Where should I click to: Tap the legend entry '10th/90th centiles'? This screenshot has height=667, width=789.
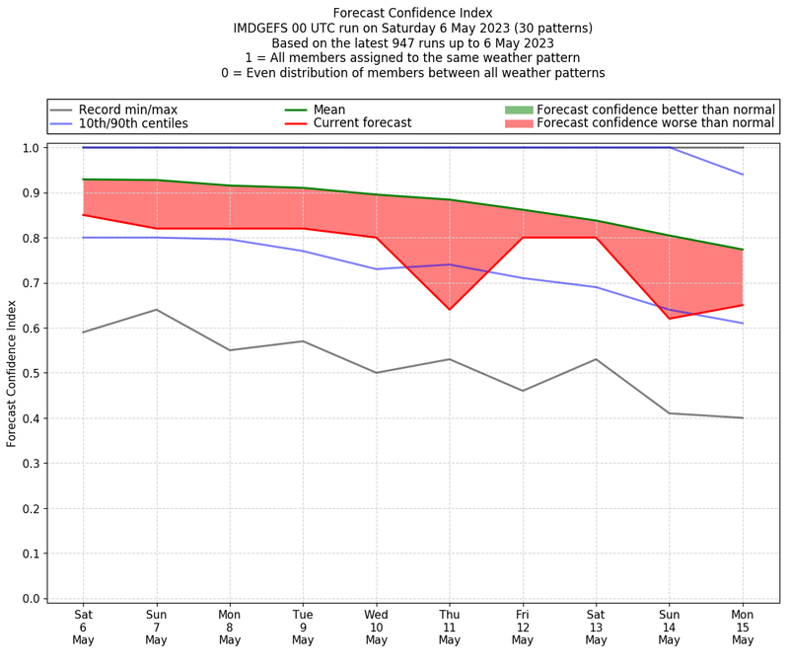point(133,123)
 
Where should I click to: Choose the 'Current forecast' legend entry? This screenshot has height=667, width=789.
point(362,123)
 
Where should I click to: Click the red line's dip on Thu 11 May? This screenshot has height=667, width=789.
point(450,310)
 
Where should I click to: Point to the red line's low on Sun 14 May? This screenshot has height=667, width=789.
point(670,319)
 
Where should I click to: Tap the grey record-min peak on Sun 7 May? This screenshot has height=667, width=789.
point(156,310)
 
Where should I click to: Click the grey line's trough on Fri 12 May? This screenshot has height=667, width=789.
point(523,391)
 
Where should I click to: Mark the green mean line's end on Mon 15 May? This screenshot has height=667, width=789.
point(743,250)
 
